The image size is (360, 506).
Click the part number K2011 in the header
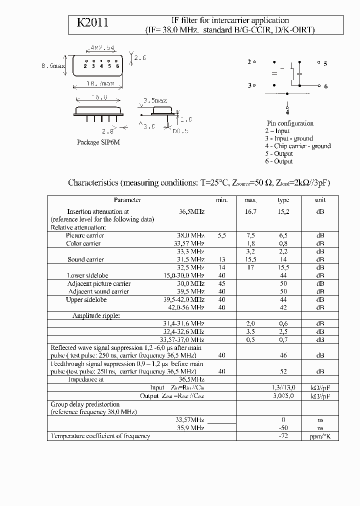(92, 23)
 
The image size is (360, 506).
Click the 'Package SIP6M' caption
(98, 142)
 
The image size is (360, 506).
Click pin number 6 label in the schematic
(325, 86)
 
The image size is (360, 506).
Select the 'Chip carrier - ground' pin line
(298, 146)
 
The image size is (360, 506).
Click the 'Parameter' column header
(127, 199)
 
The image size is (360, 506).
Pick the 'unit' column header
(320, 199)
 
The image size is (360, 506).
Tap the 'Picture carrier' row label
(85, 235)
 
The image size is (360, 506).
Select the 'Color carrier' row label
(83, 243)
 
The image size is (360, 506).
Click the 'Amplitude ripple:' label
(96, 315)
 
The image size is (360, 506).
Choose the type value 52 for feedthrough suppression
(283, 371)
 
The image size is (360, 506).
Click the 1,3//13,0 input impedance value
(283, 387)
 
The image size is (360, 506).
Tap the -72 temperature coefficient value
(283, 436)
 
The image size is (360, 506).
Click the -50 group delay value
(283, 428)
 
